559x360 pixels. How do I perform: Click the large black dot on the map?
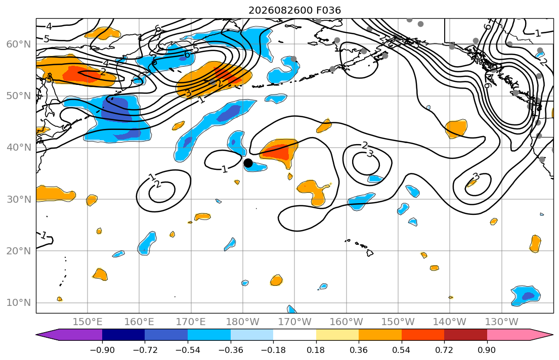(248, 163)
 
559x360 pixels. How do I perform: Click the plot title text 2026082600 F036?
(295, 10)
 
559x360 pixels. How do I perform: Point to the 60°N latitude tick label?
(19, 44)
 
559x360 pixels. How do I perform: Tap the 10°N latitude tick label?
(19, 303)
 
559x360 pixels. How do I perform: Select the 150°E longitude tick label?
(88, 322)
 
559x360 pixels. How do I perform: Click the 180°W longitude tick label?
(243, 322)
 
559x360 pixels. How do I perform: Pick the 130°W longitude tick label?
(502, 322)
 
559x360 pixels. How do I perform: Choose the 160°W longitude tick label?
(347, 322)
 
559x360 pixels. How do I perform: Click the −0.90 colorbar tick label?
(102, 350)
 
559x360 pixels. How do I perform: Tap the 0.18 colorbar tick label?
(316, 350)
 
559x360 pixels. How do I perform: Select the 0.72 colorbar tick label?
(444, 350)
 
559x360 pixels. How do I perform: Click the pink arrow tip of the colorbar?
(553, 335)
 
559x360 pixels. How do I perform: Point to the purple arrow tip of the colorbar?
(36, 335)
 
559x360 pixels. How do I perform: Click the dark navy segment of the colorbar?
(123, 335)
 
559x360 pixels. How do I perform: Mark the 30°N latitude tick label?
(19, 199)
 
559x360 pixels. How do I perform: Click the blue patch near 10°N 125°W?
(526, 295)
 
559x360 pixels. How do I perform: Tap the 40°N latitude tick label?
(19, 148)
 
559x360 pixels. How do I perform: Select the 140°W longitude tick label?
(450, 322)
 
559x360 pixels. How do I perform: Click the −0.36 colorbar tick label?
(230, 350)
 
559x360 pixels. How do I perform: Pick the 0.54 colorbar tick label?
(402, 350)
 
